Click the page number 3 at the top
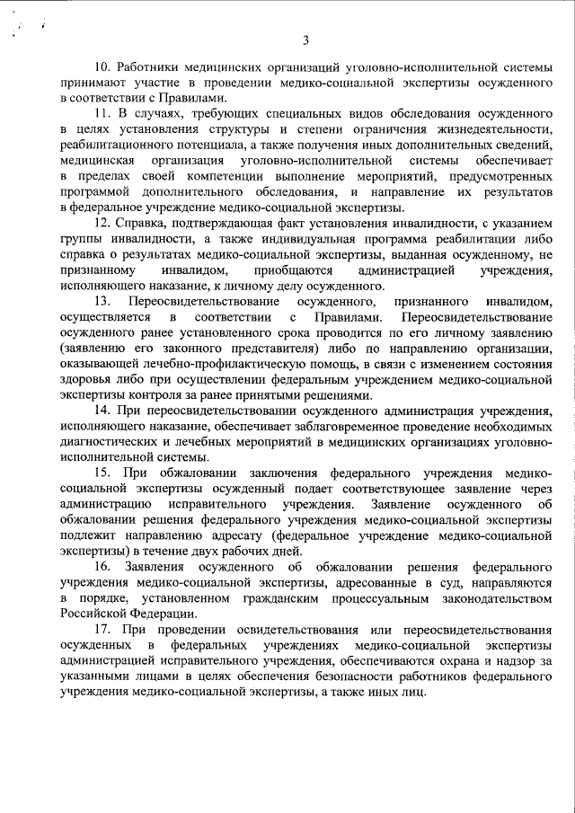tap(305, 39)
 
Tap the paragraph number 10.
tap(102, 67)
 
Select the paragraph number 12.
tap(102, 222)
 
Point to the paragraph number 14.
tap(102, 411)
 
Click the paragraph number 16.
tap(102, 568)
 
